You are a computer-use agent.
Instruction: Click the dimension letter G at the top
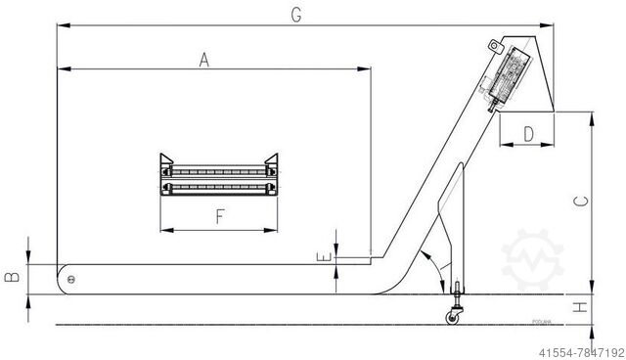click(x=295, y=14)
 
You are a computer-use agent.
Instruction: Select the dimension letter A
click(x=203, y=61)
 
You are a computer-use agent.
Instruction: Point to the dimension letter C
click(x=581, y=202)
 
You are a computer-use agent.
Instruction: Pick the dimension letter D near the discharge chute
click(x=528, y=134)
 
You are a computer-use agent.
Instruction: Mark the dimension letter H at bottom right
click(x=581, y=307)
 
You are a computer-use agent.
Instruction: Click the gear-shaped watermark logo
click(x=533, y=259)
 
